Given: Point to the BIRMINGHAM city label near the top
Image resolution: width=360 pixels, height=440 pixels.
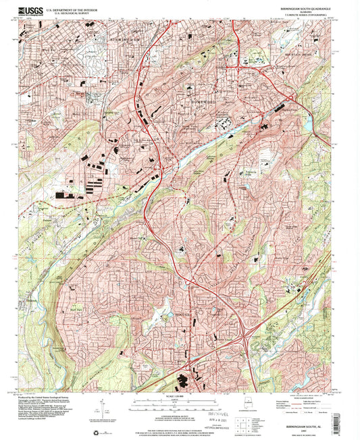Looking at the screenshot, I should pyautogui.click(x=123, y=39).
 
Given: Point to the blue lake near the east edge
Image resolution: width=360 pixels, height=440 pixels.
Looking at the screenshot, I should pyautogui.click(x=307, y=123).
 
